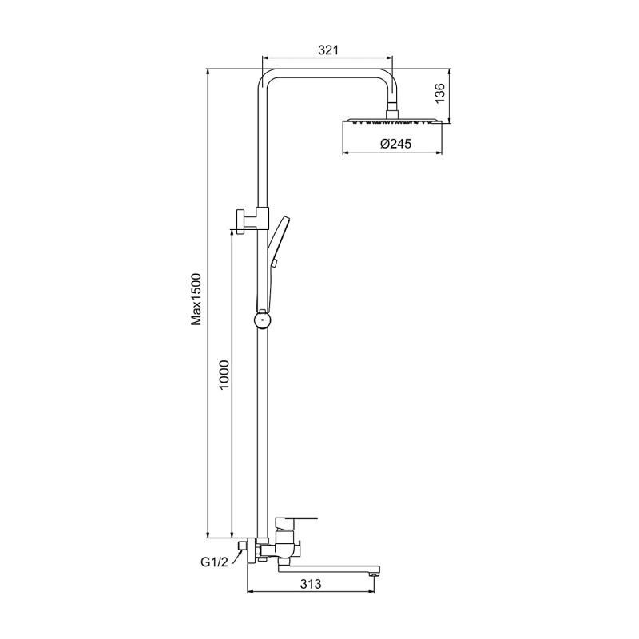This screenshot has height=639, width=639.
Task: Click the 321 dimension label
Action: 328,50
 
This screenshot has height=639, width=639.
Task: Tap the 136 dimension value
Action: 440,93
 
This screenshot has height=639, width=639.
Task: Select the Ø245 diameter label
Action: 395,144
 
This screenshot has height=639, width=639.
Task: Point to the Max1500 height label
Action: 196,300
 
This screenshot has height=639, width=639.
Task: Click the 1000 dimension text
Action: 224,375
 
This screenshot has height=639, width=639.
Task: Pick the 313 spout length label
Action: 311,584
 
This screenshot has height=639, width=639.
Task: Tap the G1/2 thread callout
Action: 214,562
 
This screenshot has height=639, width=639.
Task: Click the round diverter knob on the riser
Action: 263,320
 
